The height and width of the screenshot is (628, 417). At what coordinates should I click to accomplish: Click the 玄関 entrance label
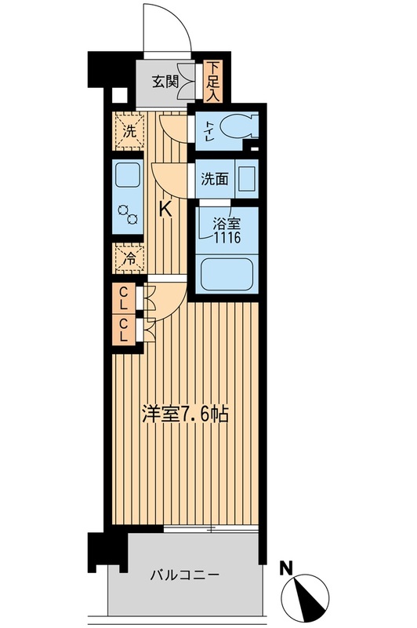(x=165, y=81)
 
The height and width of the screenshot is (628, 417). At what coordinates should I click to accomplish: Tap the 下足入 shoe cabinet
(x=213, y=82)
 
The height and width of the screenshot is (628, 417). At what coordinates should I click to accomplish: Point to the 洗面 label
(x=215, y=178)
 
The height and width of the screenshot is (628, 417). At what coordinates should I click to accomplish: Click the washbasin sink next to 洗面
(x=246, y=177)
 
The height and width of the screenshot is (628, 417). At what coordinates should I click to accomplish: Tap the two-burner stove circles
(x=128, y=215)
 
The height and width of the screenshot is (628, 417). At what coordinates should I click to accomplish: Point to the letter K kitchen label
(x=165, y=210)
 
